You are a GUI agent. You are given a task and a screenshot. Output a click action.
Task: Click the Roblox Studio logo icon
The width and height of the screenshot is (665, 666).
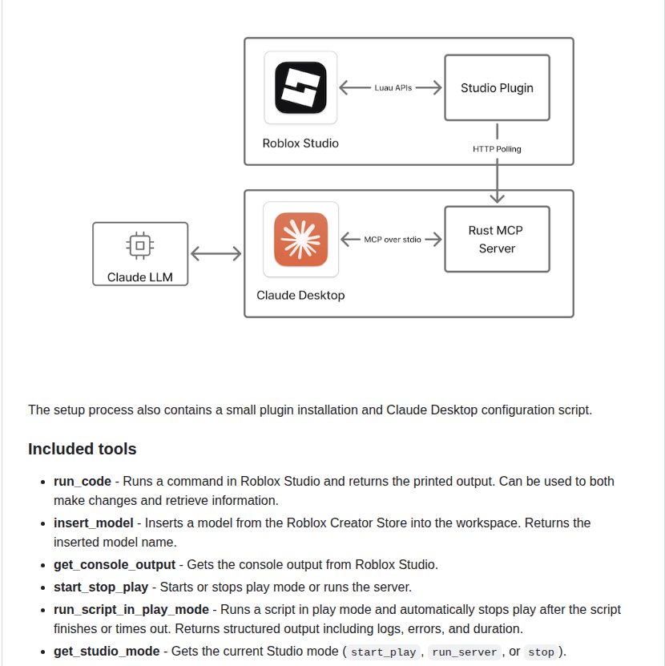300,87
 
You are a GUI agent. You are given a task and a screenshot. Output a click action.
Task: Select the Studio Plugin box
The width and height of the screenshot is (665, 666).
497,88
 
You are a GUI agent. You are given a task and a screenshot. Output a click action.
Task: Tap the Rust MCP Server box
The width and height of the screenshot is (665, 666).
497,240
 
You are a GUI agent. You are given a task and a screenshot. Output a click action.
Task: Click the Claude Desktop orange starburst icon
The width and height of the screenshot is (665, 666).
300,239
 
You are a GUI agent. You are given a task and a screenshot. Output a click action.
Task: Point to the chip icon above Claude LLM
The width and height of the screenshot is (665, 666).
140,245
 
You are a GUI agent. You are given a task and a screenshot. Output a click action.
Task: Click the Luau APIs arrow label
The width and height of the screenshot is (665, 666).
393,88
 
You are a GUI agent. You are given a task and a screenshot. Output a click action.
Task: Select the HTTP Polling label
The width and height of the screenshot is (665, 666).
497,149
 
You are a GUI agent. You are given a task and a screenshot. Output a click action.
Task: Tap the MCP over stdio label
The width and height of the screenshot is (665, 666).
393,240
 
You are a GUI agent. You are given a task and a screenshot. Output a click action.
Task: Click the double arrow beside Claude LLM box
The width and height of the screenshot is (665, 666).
216,254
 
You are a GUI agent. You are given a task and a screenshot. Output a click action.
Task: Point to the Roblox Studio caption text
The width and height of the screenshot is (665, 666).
300,143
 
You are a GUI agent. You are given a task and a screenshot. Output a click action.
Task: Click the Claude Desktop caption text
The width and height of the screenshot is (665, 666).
300,295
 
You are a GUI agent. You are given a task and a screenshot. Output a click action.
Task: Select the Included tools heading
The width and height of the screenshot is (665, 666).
83,449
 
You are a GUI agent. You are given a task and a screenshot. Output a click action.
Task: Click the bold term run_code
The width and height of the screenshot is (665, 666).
83,482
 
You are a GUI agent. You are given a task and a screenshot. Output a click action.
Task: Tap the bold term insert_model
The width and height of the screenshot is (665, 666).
93,523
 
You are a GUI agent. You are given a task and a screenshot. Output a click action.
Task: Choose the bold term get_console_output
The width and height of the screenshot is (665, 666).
115,565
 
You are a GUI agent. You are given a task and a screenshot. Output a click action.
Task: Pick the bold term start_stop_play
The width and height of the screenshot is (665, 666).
101,587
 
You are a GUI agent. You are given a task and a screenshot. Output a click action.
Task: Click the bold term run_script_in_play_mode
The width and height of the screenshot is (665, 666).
131,610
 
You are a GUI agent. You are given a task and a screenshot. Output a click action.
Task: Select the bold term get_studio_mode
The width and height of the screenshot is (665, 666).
107,652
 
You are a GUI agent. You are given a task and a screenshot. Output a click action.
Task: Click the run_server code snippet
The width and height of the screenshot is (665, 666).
465,652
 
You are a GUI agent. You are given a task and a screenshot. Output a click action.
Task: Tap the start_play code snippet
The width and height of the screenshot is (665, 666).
384,652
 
